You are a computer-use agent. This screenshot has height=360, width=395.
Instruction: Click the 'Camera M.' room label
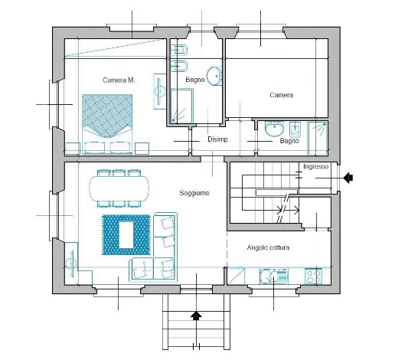pyautogui.click(x=119, y=80)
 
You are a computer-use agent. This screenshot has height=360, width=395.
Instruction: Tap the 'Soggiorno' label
pyautogui.click(x=194, y=193)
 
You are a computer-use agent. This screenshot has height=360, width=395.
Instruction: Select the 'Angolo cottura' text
pyautogui.click(x=268, y=247)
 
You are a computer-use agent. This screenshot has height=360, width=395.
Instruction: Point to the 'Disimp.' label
pyautogui.click(x=218, y=139)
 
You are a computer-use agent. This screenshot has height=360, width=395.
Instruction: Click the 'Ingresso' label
pyautogui.click(x=315, y=166)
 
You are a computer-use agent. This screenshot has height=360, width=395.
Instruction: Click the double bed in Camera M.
pyautogui.click(x=107, y=124)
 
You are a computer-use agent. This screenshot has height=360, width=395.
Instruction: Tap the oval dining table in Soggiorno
pyautogui.click(x=119, y=188)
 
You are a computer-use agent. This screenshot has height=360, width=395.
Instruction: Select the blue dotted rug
pyautogui.click(x=126, y=234)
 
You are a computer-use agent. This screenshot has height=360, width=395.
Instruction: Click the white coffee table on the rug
pyautogui.click(x=126, y=235)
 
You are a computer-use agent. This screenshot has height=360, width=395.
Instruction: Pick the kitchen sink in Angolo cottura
pyautogui.click(x=273, y=277)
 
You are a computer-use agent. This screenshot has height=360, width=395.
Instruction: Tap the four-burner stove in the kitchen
pyautogui.click(x=314, y=276)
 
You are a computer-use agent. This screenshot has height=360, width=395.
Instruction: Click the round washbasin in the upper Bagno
pyautogui.click(x=214, y=76)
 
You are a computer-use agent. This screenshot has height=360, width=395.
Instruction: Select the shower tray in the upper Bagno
pyautogui.click(x=182, y=106)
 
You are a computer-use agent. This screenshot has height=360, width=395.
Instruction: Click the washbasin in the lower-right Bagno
pyautogui.click(x=274, y=129)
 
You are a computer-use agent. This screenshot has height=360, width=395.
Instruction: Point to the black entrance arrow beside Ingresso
pyautogui.click(x=348, y=178)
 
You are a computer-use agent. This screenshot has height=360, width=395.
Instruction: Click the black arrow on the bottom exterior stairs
pyautogui.click(x=196, y=316)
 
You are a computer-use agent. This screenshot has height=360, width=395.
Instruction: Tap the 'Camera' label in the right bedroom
pyautogui.click(x=281, y=95)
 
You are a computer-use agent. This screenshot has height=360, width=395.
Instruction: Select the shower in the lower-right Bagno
pyautogui.click(x=318, y=138)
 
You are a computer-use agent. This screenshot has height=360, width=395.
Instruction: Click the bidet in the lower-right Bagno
pyautogui.click(x=295, y=130)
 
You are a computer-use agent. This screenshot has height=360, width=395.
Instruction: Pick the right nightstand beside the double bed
pyautogui.click(x=142, y=149)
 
